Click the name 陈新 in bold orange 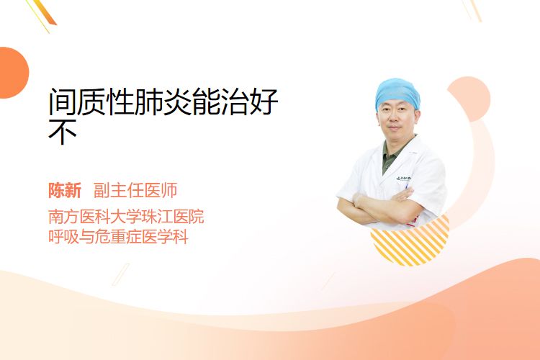click(x=65, y=191)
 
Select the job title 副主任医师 click(x=135, y=191)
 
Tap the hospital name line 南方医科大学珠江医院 click(x=126, y=216)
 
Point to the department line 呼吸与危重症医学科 click(x=118, y=237)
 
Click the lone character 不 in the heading click(x=63, y=131)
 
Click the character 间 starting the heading click(x=63, y=102)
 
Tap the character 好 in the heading click(x=264, y=102)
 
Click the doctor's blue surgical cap click(x=397, y=93)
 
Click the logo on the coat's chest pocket click(x=403, y=178)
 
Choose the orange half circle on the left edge click(x=13, y=73)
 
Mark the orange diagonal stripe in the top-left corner click(x=44, y=12)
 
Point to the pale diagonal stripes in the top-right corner click(x=472, y=10)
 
